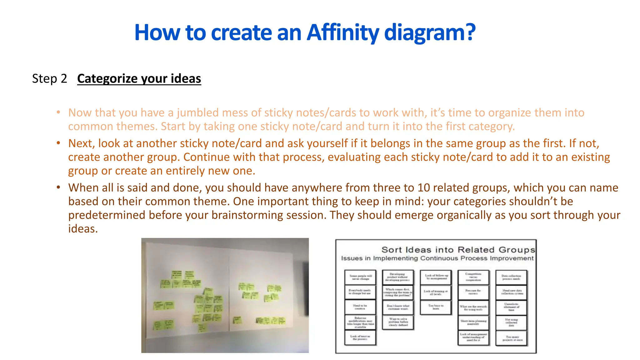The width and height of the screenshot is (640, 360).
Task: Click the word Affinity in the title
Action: tap(343, 32)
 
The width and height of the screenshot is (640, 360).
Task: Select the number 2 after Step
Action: tap(64, 78)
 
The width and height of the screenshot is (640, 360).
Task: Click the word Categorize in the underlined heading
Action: tap(107, 78)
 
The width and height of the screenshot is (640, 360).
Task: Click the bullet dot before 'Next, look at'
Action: tap(58, 143)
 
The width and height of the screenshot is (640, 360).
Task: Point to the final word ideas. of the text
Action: tap(83, 229)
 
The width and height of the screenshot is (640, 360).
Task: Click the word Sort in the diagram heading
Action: tap(392, 250)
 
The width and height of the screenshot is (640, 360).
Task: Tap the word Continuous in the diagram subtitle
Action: tap(439, 258)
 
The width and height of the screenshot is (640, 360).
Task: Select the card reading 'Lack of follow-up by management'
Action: tap(436, 277)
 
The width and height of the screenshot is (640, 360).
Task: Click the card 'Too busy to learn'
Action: tap(436, 307)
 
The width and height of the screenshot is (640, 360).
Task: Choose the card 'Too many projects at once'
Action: tap(511, 338)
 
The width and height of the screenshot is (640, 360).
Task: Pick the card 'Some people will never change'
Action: tap(360, 277)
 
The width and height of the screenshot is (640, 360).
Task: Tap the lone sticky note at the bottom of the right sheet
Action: tap(237, 320)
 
